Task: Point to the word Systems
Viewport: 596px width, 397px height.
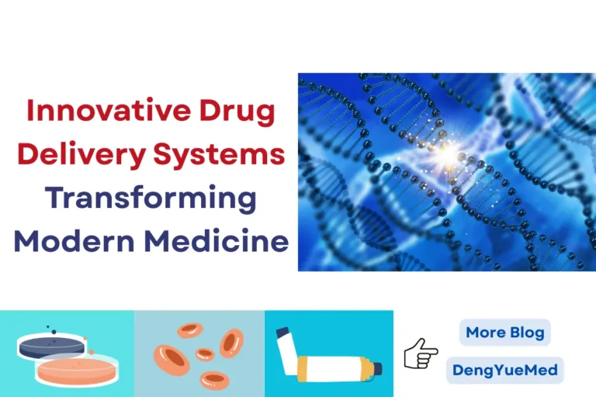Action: click(x=230, y=154)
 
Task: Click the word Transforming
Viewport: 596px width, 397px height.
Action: click(x=151, y=198)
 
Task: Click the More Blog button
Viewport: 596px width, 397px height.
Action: click(x=504, y=333)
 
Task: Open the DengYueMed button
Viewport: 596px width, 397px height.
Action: click(x=504, y=370)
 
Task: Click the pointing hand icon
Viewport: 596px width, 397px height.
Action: click(x=421, y=354)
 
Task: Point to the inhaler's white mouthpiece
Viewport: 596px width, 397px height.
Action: click(x=286, y=342)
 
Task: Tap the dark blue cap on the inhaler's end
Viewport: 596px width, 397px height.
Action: click(x=379, y=368)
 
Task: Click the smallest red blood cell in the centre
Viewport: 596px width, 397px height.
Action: click(x=205, y=354)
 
